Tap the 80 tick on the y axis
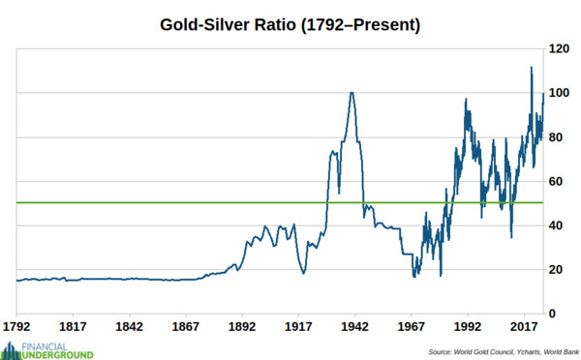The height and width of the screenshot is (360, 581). [558, 137]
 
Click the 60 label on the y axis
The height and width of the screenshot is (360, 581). [558, 181]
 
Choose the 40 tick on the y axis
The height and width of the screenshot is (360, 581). [558, 225]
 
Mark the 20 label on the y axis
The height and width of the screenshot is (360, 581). [558, 270]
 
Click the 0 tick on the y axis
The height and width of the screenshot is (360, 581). [555, 314]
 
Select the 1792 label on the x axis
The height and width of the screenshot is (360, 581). [16, 327]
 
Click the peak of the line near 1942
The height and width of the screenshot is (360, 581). [352, 93]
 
